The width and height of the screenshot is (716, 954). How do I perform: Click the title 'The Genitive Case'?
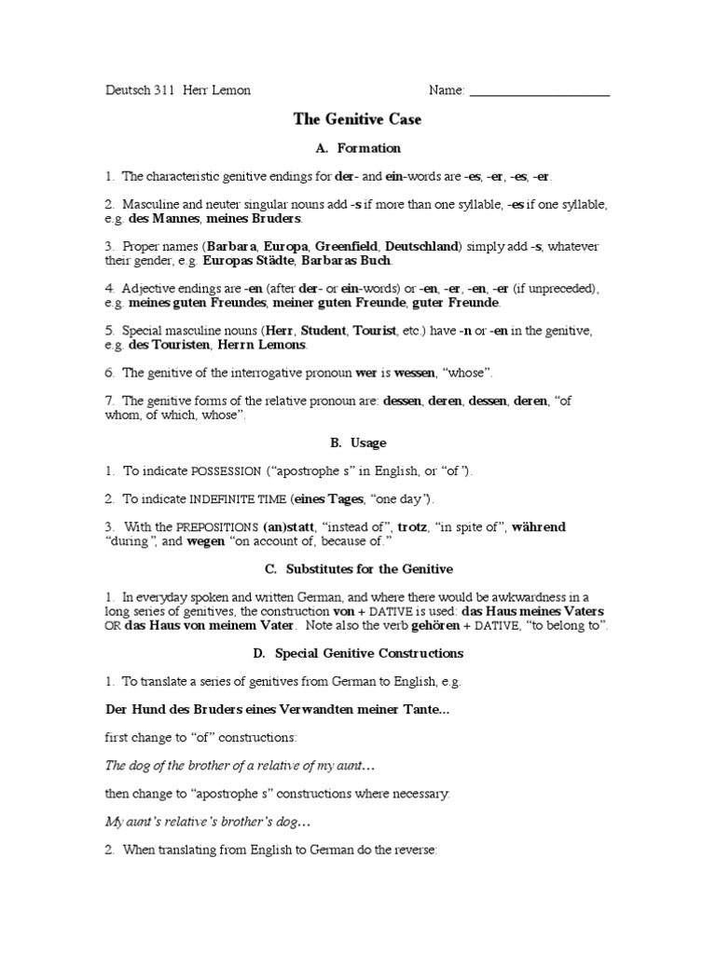pyautogui.click(x=357, y=119)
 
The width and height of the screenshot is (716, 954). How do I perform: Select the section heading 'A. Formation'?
pyautogui.click(x=357, y=148)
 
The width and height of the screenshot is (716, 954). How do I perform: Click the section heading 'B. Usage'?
pyautogui.click(x=357, y=443)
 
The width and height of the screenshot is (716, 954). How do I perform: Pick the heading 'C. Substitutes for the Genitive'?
pyautogui.click(x=357, y=568)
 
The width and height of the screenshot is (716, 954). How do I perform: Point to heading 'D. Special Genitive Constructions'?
pyautogui.click(x=357, y=653)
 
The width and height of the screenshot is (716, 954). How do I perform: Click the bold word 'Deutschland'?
pyautogui.click(x=421, y=247)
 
